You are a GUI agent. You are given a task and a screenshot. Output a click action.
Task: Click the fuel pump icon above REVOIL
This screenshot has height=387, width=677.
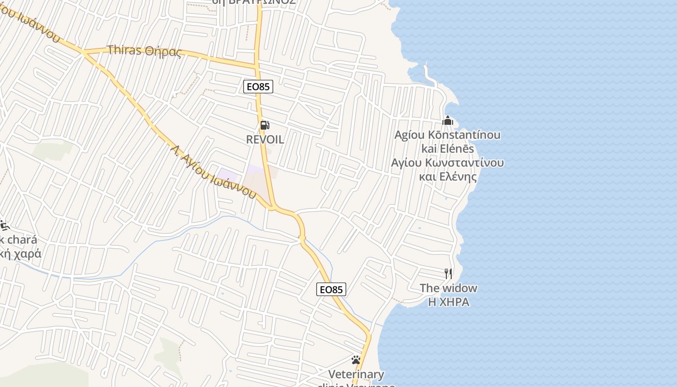[x=265, y=125]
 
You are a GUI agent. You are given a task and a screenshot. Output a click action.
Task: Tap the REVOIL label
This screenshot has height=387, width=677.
[x=265, y=139]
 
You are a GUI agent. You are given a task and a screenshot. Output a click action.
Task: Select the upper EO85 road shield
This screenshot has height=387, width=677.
[x=258, y=87]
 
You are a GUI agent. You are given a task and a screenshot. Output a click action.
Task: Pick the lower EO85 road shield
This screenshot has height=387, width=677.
[x=331, y=289]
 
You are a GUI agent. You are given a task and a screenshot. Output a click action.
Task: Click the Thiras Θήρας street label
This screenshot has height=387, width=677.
[x=144, y=50]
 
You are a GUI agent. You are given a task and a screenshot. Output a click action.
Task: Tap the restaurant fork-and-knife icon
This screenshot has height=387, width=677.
[x=448, y=274]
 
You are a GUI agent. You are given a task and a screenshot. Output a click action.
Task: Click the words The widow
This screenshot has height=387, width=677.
[x=448, y=288]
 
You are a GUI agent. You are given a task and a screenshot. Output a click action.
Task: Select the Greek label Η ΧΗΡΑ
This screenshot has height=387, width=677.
[x=448, y=302]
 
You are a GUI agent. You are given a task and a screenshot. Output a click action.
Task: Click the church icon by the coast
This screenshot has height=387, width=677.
[x=448, y=120]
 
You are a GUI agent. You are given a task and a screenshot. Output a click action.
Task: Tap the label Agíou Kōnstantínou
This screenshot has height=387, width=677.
[x=447, y=135]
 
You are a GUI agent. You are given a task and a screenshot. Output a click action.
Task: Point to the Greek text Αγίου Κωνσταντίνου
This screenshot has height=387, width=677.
[x=447, y=163]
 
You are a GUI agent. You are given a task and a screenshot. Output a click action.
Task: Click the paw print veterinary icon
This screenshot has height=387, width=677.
[x=356, y=360]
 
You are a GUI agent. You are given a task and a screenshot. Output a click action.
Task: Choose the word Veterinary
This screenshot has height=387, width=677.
[x=356, y=374]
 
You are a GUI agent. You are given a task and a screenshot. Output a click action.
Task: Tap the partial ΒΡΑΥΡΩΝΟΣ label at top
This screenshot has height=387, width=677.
[x=254, y=2]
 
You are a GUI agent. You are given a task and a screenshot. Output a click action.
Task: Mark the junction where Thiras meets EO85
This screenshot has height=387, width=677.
[x=257, y=64]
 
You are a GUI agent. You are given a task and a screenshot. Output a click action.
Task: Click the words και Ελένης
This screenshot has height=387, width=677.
[x=448, y=177]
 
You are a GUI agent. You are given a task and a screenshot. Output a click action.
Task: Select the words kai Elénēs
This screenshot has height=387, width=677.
[x=448, y=149]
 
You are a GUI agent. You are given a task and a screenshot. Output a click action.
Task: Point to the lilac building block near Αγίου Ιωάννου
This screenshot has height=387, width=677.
[x=228, y=175]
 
